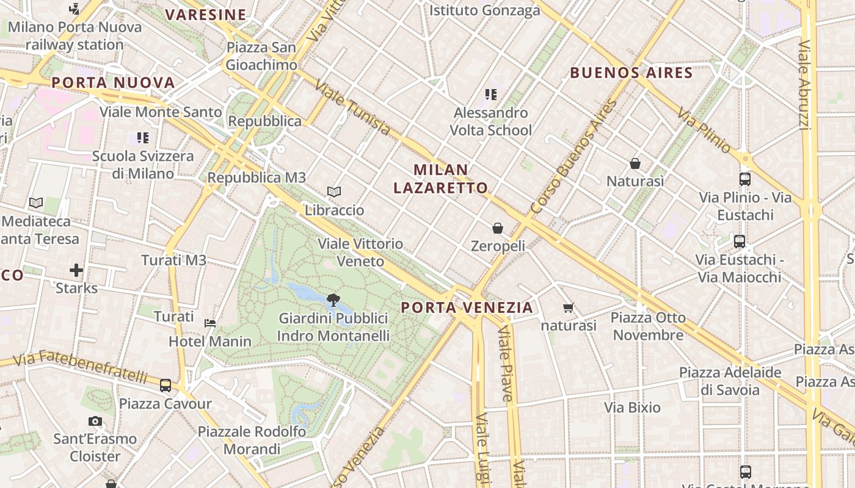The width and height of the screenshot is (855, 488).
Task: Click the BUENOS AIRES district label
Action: click(x=631, y=73)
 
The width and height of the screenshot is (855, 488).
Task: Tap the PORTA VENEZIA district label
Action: click(x=467, y=307)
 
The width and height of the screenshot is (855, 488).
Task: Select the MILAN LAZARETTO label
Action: click(x=440, y=179)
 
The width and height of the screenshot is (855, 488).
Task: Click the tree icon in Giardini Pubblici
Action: click(x=333, y=300)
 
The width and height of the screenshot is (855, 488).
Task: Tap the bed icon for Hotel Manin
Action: click(x=210, y=323)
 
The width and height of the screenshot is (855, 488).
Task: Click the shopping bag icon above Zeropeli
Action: click(x=498, y=228)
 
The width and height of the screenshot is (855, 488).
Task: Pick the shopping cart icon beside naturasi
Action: click(x=569, y=308)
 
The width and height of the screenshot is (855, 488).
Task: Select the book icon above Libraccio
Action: click(x=333, y=192)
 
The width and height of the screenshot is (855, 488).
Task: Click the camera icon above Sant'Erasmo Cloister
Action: click(x=95, y=421)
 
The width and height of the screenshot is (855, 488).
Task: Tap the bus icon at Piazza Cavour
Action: click(x=166, y=386)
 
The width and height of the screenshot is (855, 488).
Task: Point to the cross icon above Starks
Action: click(x=76, y=270)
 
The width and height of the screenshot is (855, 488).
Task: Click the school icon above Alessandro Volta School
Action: click(x=490, y=95)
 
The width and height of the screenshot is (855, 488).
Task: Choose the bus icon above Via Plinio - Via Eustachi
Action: click(x=745, y=179)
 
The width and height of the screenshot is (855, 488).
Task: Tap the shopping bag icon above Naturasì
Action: click(x=635, y=163)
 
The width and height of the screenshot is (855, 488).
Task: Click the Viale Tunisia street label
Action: click(x=352, y=109)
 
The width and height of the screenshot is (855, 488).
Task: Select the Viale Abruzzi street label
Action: click(x=805, y=85)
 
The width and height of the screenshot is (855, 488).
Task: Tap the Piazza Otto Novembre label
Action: click(x=648, y=326)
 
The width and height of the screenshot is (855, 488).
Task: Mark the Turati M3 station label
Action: click(x=173, y=260)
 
